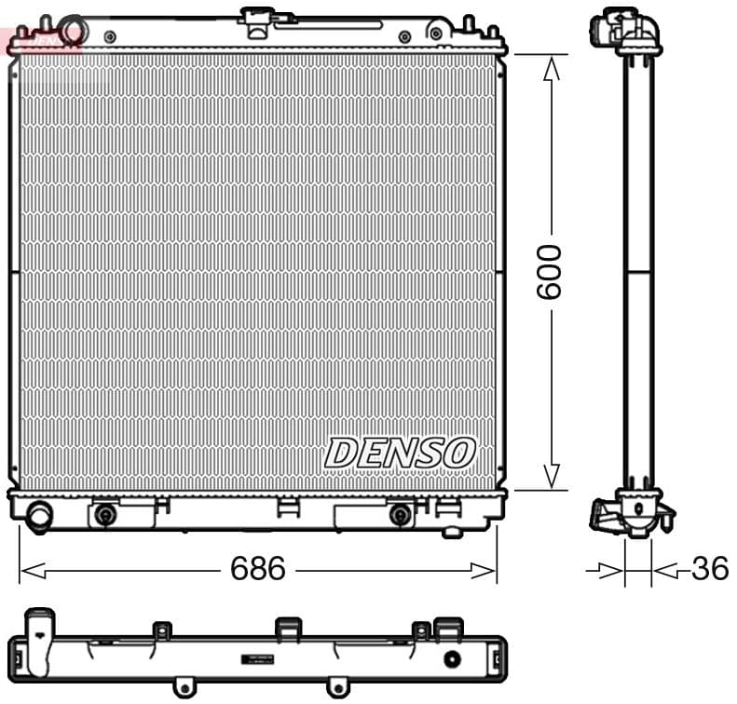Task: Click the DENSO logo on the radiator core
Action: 400,453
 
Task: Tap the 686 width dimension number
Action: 257,568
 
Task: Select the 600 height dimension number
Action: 551,271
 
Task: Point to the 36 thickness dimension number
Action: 709,569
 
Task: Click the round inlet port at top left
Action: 69,31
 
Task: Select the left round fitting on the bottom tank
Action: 106,514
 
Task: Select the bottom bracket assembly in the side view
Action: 634,514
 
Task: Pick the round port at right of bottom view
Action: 452,659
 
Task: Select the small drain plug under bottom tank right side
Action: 451,533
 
